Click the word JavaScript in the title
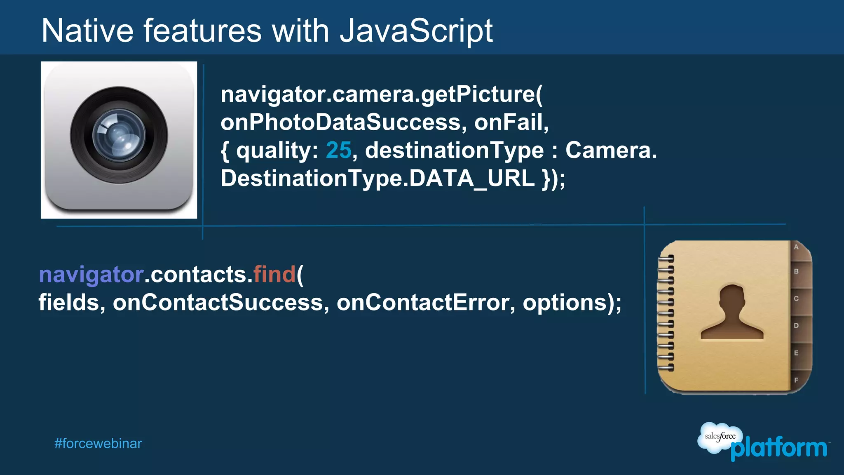tap(416, 31)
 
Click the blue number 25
tap(338, 150)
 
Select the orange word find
tap(274, 274)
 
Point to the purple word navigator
tap(91, 275)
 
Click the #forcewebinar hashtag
tap(98, 444)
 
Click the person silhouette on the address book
tap(732, 313)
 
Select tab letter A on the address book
tap(796, 247)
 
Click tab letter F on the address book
tap(796, 380)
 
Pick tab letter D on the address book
tap(796, 326)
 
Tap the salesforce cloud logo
tap(719, 437)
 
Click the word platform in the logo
tap(779, 448)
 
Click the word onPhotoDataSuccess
tap(340, 122)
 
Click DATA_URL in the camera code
tap(472, 179)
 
